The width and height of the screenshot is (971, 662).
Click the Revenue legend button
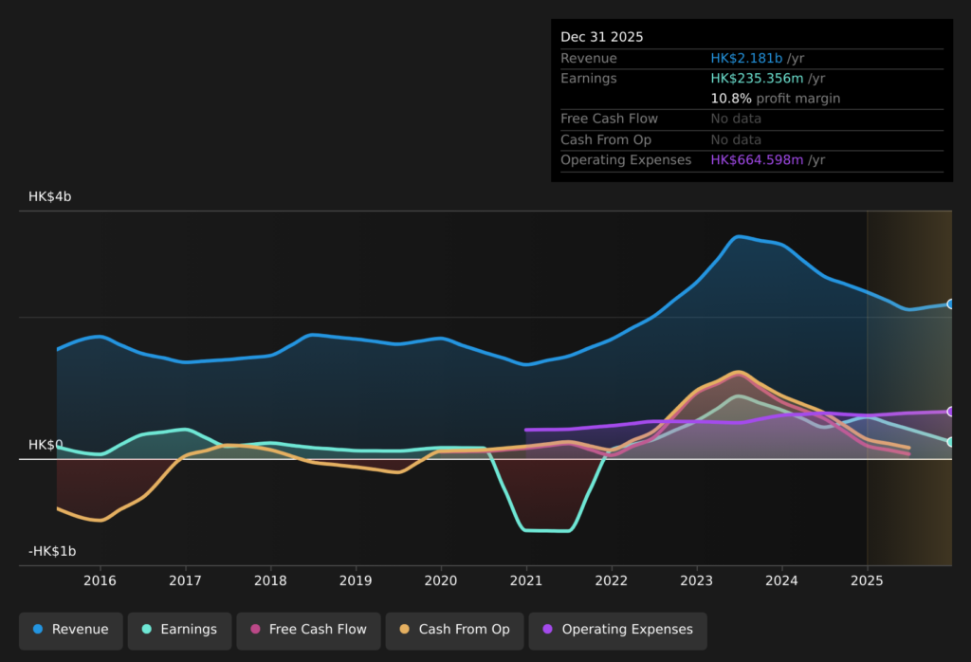(71, 630)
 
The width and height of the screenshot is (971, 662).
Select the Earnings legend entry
(179, 630)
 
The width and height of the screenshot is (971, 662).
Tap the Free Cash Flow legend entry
(308, 630)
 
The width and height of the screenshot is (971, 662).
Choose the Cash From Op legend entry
(454, 630)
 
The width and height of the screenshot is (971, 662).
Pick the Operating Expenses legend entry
(617, 630)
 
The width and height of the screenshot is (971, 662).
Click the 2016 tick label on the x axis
(100, 580)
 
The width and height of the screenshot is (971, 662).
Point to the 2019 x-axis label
(356, 580)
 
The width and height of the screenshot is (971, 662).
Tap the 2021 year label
(526, 580)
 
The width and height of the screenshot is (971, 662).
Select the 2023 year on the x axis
(697, 580)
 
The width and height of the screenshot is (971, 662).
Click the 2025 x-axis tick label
(867, 580)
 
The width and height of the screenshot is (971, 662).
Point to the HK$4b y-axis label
(49, 196)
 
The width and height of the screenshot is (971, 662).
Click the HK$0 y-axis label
(46, 445)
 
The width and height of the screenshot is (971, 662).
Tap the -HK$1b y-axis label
(52, 551)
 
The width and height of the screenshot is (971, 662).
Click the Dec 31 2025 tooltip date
(601, 37)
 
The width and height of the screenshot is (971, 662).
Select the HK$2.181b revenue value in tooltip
(746, 59)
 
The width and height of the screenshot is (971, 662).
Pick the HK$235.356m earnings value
(757, 79)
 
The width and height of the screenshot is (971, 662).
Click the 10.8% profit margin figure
(731, 99)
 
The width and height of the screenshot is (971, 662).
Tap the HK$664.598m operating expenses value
(757, 160)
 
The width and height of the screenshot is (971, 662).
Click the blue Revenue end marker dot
(950, 304)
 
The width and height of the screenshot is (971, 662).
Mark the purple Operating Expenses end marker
(950, 412)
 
